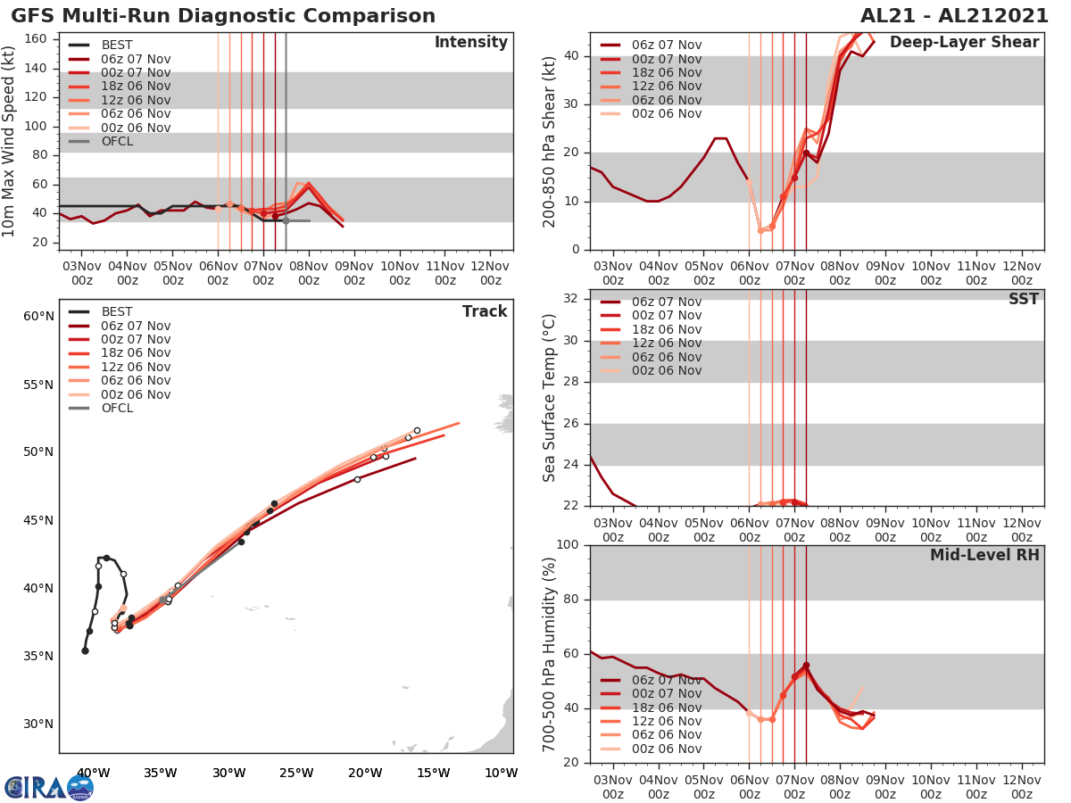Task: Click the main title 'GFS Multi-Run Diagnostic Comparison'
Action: click(x=223, y=16)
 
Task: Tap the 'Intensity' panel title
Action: click(x=470, y=43)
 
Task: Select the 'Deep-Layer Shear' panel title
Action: click(x=964, y=43)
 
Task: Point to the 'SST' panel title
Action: click(x=1023, y=299)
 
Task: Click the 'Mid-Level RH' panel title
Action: click(x=984, y=555)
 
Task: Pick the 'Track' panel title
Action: click(x=484, y=311)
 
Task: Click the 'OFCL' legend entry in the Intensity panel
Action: click(x=117, y=141)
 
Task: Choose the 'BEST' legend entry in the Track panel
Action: click(x=117, y=311)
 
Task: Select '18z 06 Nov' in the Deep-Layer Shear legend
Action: click(x=666, y=72)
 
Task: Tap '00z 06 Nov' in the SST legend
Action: click(x=666, y=370)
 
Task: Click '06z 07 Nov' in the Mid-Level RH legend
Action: click(x=666, y=680)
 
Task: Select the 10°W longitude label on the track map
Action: click(x=501, y=773)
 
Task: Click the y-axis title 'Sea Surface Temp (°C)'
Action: click(x=550, y=397)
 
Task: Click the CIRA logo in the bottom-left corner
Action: click(x=49, y=787)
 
